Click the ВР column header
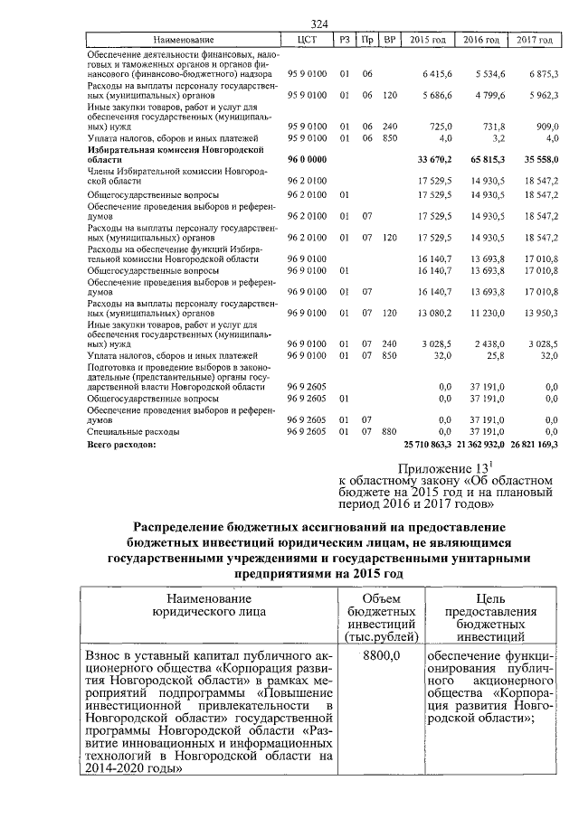click(390, 41)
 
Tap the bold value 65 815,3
click(481, 158)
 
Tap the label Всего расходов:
click(121, 445)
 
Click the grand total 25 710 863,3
click(426, 445)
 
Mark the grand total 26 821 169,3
click(534, 445)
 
